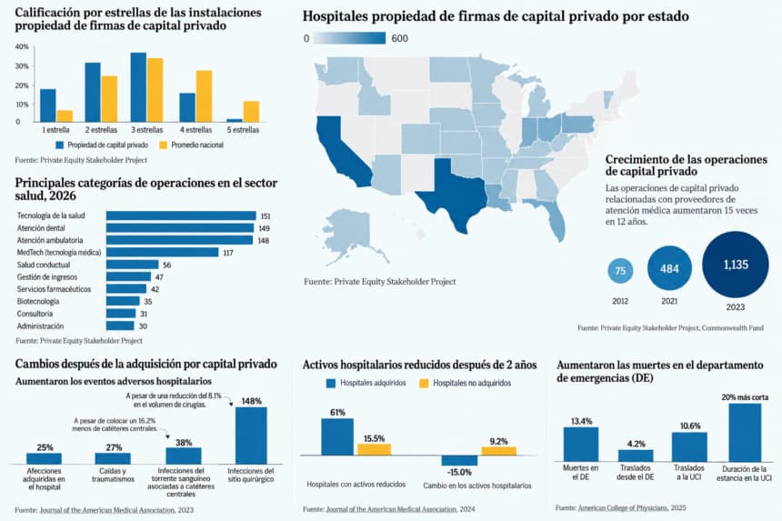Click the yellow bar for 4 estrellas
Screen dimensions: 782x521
pyautogui.click(x=204, y=96)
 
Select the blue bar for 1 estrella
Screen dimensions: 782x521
pyautogui.click(x=48, y=105)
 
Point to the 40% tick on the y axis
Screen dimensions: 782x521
pyautogui.click(x=22, y=47)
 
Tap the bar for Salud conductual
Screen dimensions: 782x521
pyautogui.click(x=132, y=265)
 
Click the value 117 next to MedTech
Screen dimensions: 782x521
pyautogui.click(x=228, y=253)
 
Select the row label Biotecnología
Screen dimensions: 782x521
pyautogui.click(x=38, y=302)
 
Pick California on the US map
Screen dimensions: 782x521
pyautogui.click(x=341, y=149)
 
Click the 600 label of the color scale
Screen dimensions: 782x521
pyautogui.click(x=400, y=38)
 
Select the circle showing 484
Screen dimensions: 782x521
pyautogui.click(x=669, y=268)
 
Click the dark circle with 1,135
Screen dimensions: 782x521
pyautogui.click(x=736, y=265)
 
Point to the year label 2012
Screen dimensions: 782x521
pyautogui.click(x=620, y=301)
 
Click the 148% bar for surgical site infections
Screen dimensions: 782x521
pyautogui.click(x=251, y=436)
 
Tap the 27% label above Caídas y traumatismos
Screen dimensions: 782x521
pyautogui.click(x=114, y=447)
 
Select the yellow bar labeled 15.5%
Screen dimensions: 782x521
pyautogui.click(x=374, y=449)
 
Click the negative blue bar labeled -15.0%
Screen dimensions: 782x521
pyautogui.click(x=459, y=460)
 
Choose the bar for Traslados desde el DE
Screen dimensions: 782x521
pyautogui.click(x=636, y=456)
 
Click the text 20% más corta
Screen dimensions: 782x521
pyautogui.click(x=745, y=397)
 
